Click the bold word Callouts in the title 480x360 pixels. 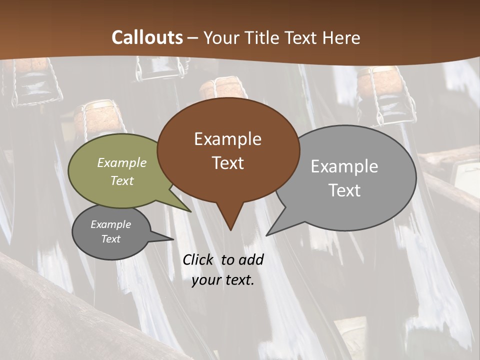[x=147, y=37]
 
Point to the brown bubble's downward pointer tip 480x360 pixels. [x=230, y=230]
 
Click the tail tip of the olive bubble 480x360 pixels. [x=191, y=211]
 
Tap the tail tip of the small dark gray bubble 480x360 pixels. [x=173, y=239]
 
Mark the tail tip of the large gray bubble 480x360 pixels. [x=266, y=235]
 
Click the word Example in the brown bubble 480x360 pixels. [x=227, y=139]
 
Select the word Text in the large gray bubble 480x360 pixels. [x=344, y=190]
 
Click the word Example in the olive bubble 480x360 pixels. [x=122, y=162]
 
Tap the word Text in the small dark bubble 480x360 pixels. [x=111, y=239]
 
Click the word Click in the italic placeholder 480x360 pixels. [x=198, y=259]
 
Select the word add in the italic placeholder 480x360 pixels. [x=250, y=259]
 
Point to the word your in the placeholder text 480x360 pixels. [x=206, y=280]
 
